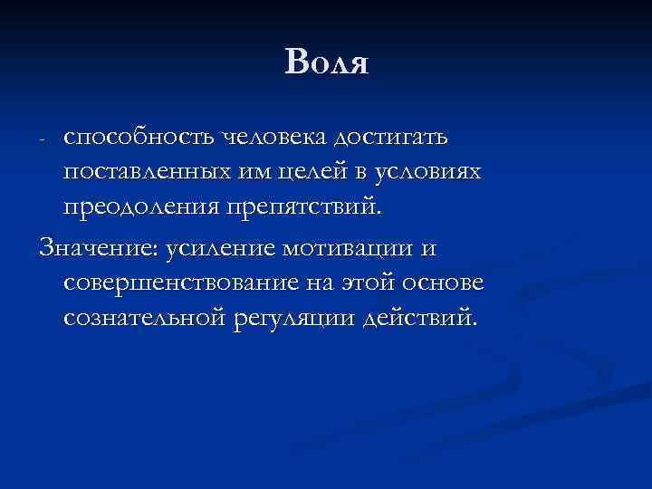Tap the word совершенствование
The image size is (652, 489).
[180, 283]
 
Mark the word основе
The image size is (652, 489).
[444, 283]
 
